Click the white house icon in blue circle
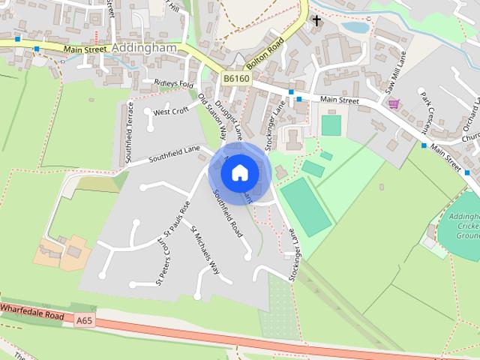tap(239, 172)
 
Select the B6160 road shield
tap(235, 78)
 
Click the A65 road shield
tap(85, 320)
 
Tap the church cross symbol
tap(317, 20)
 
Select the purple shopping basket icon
tap(393, 103)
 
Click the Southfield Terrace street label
tap(129, 124)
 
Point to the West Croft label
tap(170, 112)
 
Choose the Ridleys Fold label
tap(174, 83)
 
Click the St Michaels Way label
tap(205, 251)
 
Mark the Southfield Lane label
tap(175, 154)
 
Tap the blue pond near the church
tap(355, 28)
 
